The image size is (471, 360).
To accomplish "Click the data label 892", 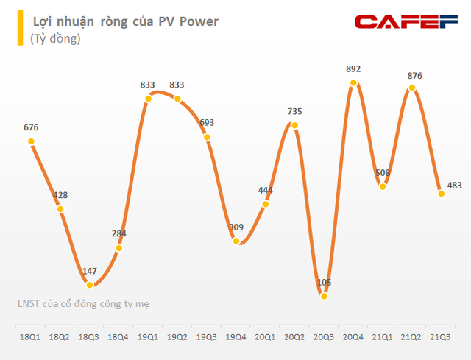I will point(353,70).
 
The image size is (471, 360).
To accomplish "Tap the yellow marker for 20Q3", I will point(324,294).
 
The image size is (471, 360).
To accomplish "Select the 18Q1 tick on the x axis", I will point(30,336).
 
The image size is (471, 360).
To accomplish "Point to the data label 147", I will point(89,272).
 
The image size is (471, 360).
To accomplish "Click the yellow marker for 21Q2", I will point(412,88).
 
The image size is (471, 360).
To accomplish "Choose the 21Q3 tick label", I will point(441,336).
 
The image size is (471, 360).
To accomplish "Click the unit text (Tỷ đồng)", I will point(55,39).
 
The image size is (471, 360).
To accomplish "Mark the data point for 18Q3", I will point(89,284).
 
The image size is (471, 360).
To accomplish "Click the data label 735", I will point(294,112).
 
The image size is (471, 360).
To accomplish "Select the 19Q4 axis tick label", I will point(235,336).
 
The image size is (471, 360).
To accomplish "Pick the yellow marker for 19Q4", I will point(235,241).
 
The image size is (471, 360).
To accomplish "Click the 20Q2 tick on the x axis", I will point(294,336).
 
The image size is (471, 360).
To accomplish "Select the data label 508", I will point(383,174).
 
